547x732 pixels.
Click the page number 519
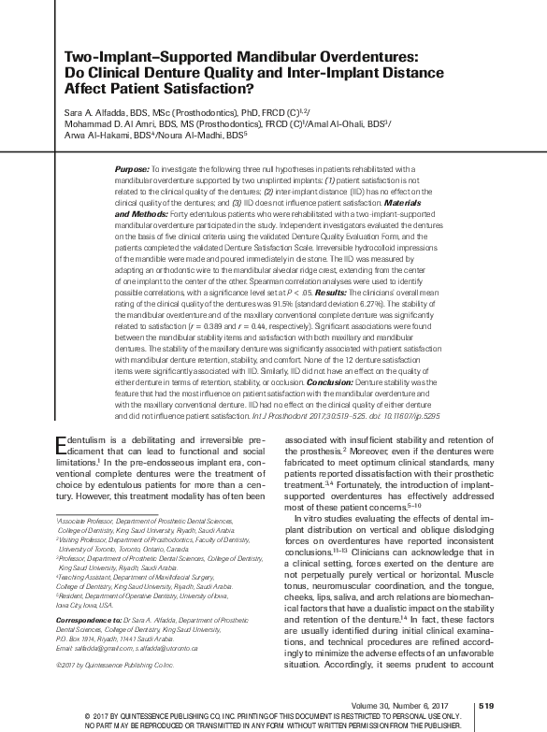click(x=484, y=706)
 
